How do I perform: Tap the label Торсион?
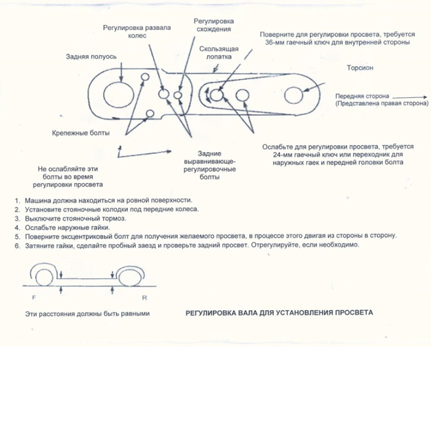[360, 67]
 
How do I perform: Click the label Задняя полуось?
[91, 56]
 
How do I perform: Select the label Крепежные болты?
[80, 133]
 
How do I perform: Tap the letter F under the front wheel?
[32, 297]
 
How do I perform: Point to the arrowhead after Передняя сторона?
[425, 94]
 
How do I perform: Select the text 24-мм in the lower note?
[279, 155]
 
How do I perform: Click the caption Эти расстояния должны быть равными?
[88, 314]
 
